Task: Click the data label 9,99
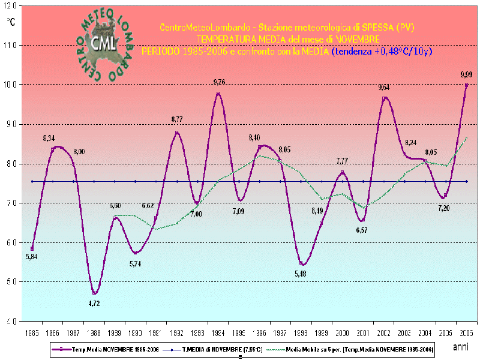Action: (x=466, y=74)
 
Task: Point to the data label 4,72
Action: (x=94, y=304)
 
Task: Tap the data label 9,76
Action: (x=219, y=82)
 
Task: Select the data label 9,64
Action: (x=384, y=87)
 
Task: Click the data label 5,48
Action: (x=301, y=274)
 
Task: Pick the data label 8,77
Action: (x=177, y=119)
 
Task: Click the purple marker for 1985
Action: (x=32, y=248)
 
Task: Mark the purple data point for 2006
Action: (x=466, y=85)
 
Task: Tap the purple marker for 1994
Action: (x=218, y=94)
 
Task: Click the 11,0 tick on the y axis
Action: (x=13, y=45)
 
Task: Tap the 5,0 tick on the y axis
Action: (x=13, y=281)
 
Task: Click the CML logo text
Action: (x=105, y=42)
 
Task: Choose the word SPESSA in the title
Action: (x=370, y=28)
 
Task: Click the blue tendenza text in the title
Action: (x=382, y=52)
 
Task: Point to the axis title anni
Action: (x=461, y=347)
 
